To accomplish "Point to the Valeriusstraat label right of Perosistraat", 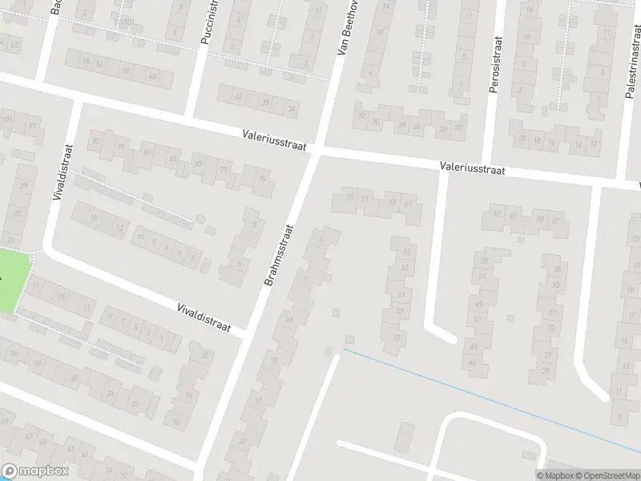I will (472, 168).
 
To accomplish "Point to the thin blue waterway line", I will (481, 392).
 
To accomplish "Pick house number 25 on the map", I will (546, 370).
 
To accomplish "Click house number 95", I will (97, 142).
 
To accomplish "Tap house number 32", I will (362, 115).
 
